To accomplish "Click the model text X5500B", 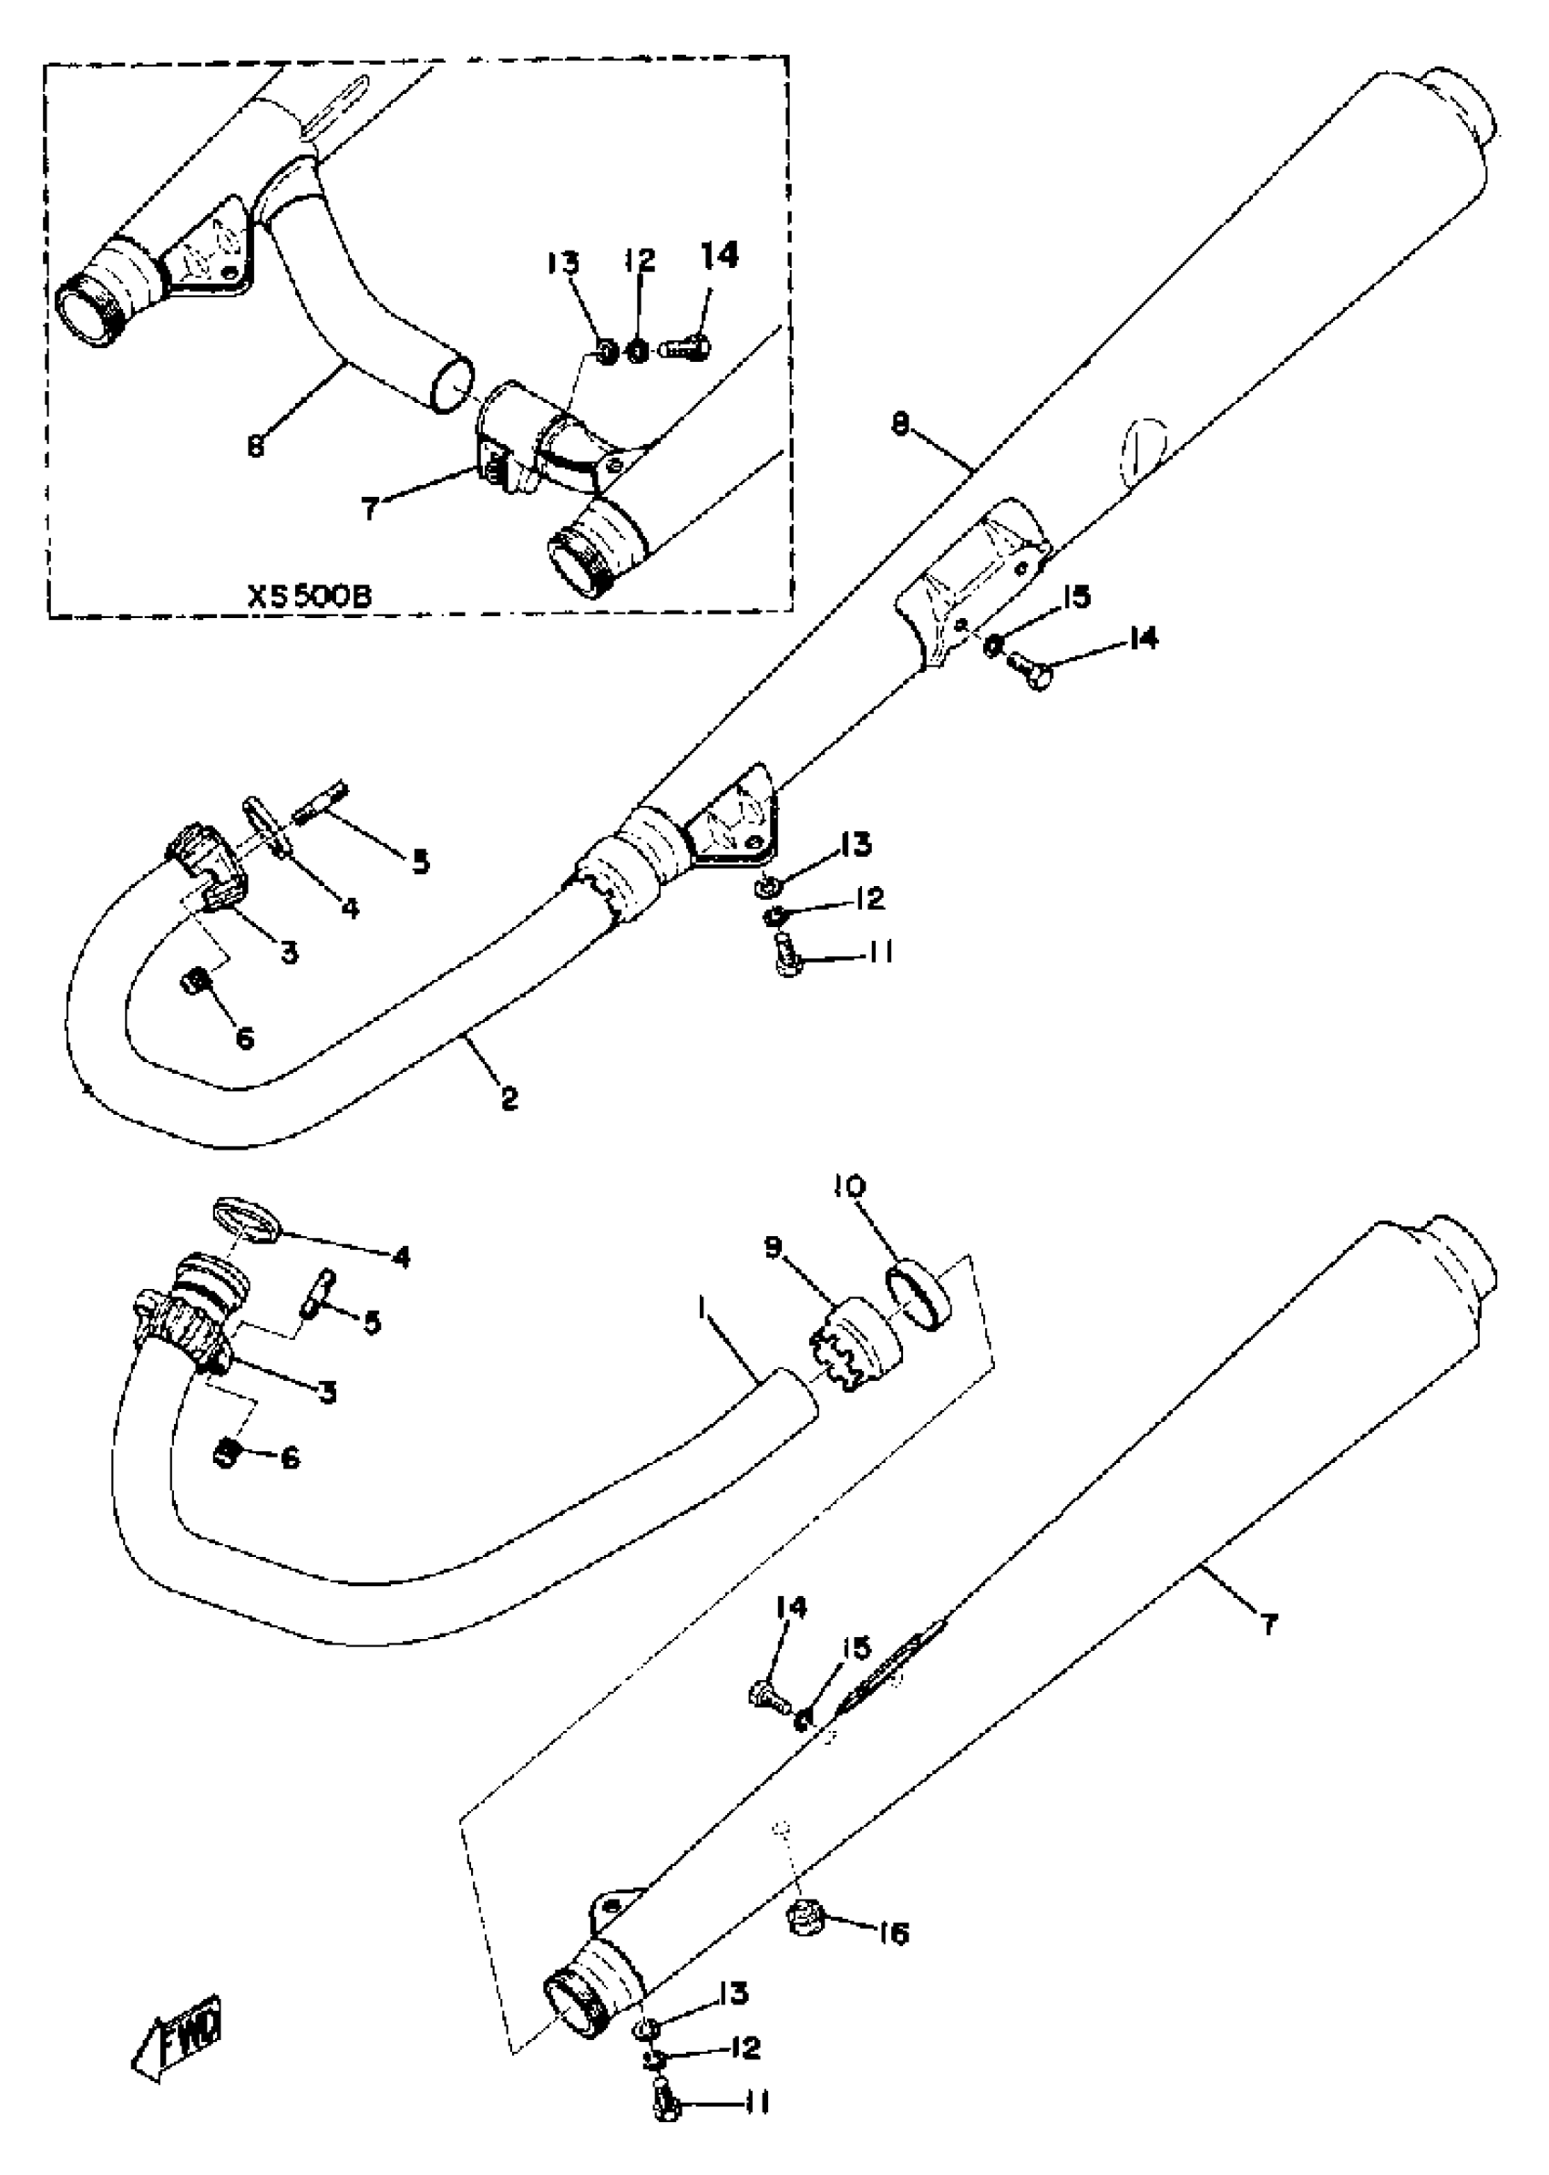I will tap(310, 597).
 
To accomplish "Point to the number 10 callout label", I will tap(849, 1187).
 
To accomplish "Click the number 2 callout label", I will tap(509, 1099).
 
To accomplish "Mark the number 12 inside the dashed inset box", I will tap(641, 260).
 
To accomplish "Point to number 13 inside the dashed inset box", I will tap(563, 262).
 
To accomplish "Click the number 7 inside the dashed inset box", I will tap(370, 508).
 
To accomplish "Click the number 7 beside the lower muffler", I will tap(1268, 1624).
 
